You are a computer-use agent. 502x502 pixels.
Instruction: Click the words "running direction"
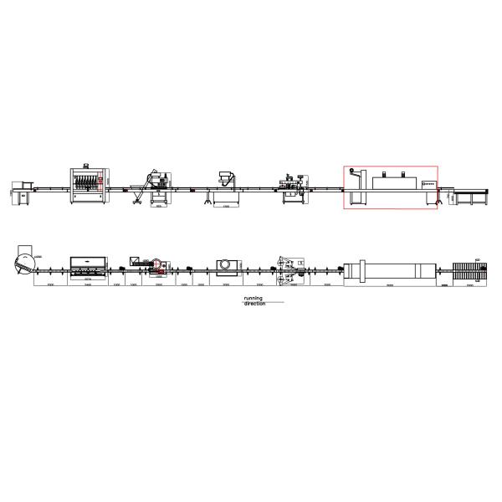[x=254, y=300]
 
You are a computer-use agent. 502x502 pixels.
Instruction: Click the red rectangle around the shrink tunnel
[x=390, y=187]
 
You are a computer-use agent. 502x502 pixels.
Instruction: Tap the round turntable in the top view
[x=24, y=261]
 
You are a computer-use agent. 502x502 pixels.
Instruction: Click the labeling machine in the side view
[x=292, y=186]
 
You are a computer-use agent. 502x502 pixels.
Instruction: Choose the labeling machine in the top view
[x=289, y=266]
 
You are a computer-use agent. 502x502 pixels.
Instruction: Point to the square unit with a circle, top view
[x=227, y=265]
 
